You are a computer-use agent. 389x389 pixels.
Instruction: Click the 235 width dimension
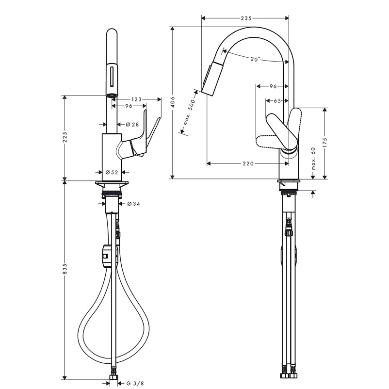coord(246,18)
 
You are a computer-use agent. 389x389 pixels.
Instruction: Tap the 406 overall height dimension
coord(173,102)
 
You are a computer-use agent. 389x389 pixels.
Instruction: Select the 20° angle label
coord(255,59)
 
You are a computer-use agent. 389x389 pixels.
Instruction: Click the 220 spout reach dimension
coord(248,163)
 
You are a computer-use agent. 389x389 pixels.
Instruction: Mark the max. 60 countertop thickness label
coord(313,158)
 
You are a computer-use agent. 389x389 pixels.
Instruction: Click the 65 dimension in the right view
coord(277,101)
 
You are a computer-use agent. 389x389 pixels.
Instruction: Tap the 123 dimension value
coord(136,99)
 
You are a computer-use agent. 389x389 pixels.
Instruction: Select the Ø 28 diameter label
coord(132,124)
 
